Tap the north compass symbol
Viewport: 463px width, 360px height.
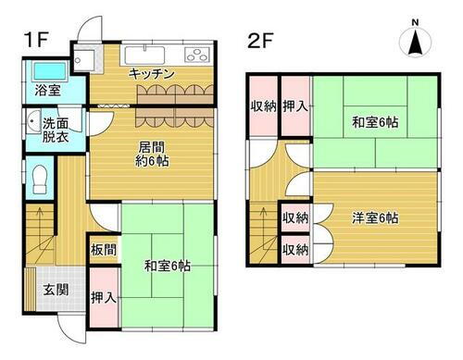click(416, 39)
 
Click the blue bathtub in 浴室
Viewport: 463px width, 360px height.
click(44, 70)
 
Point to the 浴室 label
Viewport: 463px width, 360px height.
click(47, 92)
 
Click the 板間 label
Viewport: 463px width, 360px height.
click(103, 249)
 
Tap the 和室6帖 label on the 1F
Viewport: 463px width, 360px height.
click(167, 266)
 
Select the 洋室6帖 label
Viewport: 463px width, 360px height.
click(375, 219)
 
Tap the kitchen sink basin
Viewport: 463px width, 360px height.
click(145, 53)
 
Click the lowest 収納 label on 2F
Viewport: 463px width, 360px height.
click(294, 249)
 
